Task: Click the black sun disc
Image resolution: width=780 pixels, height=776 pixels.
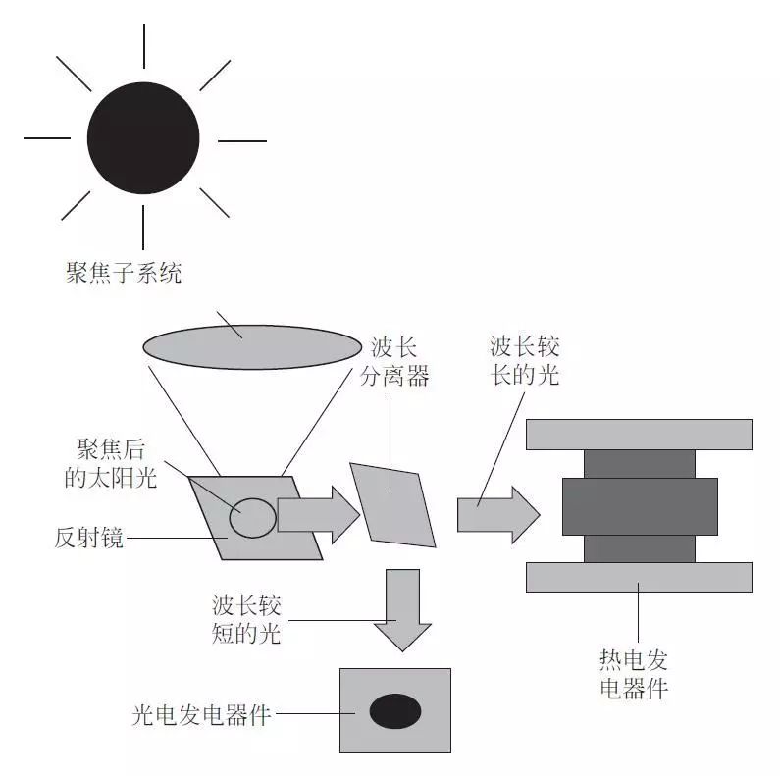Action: pos(143,137)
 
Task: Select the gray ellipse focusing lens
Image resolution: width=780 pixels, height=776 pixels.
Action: pos(252,346)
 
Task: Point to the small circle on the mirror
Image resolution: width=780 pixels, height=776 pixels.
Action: pos(252,517)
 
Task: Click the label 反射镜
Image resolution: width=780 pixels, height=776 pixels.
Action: pos(89,538)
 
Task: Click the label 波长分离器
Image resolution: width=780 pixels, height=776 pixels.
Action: pos(399,362)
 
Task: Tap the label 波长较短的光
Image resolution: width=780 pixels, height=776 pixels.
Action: pos(246,619)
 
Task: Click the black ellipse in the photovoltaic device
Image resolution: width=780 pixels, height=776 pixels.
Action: pos(395,711)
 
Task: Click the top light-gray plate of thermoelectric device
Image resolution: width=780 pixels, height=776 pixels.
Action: pos(639,435)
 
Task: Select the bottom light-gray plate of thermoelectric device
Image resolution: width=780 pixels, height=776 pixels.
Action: pos(639,577)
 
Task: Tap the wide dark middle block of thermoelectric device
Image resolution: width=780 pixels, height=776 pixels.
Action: pos(639,506)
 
